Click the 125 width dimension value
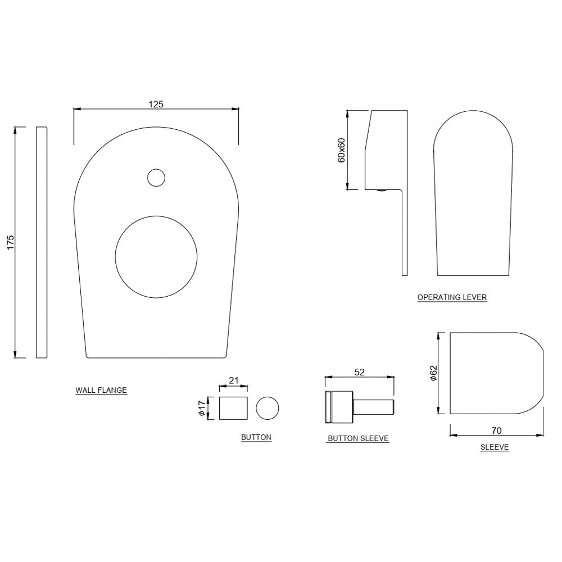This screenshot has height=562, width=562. point(156,104)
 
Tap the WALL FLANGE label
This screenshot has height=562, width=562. point(101,390)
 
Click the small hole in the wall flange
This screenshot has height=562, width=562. point(156,178)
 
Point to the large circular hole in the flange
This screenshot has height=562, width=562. point(156,256)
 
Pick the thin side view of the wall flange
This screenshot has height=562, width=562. point(42,242)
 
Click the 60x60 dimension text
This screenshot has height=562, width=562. point(341,149)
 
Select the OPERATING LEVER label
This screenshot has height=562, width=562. point(452,297)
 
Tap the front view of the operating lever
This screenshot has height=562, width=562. point(473,197)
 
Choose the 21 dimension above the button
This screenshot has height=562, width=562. point(234,380)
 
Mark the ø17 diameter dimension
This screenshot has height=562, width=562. point(201,408)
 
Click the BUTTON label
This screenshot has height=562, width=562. point(256,437)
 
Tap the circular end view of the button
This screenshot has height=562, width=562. point(267,407)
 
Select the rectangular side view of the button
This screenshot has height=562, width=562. point(234,408)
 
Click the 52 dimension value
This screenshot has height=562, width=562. point(360,372)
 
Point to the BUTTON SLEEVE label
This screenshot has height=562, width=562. point(358,438)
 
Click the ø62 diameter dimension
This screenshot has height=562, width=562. point(433,373)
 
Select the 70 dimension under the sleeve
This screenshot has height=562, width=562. point(496,431)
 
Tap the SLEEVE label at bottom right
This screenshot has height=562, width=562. point(495,447)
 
